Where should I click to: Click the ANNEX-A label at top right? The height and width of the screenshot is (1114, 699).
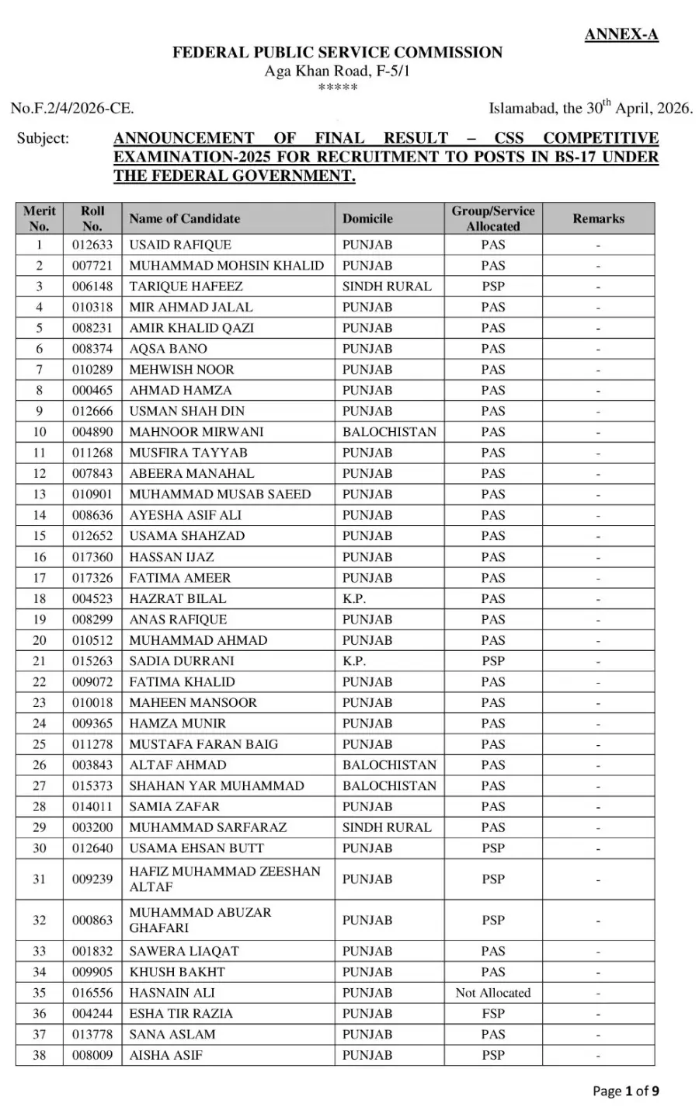click(x=621, y=34)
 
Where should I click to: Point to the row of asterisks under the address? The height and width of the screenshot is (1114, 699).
click(x=337, y=88)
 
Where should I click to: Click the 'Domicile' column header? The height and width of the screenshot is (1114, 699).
click(x=367, y=219)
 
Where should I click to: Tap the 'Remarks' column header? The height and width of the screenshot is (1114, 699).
click(x=598, y=219)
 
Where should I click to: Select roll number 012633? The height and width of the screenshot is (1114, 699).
click(x=92, y=245)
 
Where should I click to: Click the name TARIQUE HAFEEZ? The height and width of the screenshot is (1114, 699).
click(x=186, y=286)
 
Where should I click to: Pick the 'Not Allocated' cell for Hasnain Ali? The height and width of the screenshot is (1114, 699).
click(x=492, y=993)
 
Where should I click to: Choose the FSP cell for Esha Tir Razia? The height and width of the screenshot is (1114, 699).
click(x=492, y=1014)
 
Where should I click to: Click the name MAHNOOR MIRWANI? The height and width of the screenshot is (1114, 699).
click(x=196, y=432)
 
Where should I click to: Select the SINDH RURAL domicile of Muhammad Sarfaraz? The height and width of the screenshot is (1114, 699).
click(x=386, y=827)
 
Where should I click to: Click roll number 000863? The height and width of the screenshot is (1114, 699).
click(x=92, y=921)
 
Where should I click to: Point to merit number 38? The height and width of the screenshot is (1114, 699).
click(x=39, y=1055)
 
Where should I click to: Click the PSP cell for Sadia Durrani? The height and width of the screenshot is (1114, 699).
click(x=492, y=661)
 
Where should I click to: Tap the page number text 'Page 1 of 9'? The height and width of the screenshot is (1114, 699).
click(x=626, y=1091)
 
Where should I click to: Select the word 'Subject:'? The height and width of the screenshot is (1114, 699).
click(x=43, y=139)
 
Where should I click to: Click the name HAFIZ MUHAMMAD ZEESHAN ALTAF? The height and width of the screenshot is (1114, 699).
click(x=224, y=879)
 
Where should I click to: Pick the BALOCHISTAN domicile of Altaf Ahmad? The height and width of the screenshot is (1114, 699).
click(x=389, y=765)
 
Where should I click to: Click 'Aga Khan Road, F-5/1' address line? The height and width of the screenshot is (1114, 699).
click(x=337, y=71)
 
